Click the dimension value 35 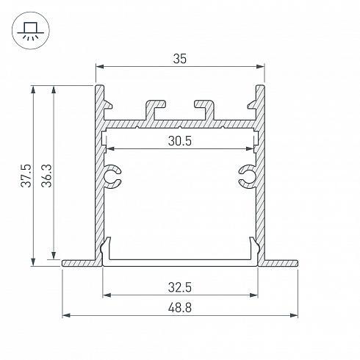coord(180,59)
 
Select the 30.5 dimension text coord(180,141)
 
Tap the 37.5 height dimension coord(26,176)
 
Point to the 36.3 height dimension coord(46,176)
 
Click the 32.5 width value coord(180,287)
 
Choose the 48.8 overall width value coord(180,308)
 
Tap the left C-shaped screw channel coord(112,176)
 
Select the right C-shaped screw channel coord(248,176)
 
